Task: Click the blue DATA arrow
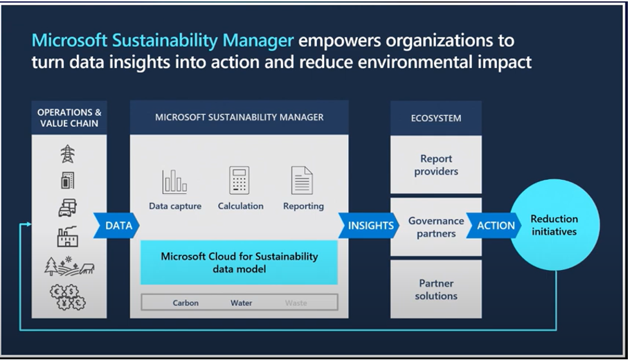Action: (x=116, y=226)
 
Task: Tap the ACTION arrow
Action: (x=494, y=226)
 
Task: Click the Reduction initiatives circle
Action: (x=554, y=225)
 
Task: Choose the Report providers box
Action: (x=436, y=165)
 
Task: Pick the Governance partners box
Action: (x=436, y=227)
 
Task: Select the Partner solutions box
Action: (x=436, y=289)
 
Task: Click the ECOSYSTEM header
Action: (x=436, y=118)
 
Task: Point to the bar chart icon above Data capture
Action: (x=174, y=182)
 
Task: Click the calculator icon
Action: (x=240, y=180)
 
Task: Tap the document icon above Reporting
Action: (x=303, y=180)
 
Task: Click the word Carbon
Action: (x=186, y=303)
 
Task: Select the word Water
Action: (x=242, y=303)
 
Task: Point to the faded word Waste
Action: (x=296, y=303)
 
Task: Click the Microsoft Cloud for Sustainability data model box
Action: (x=239, y=262)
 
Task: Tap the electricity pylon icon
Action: (x=68, y=154)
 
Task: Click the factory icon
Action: (x=68, y=236)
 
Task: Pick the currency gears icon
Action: (x=68, y=297)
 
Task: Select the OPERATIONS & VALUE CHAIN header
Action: (x=69, y=118)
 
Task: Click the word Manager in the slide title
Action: (x=258, y=41)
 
